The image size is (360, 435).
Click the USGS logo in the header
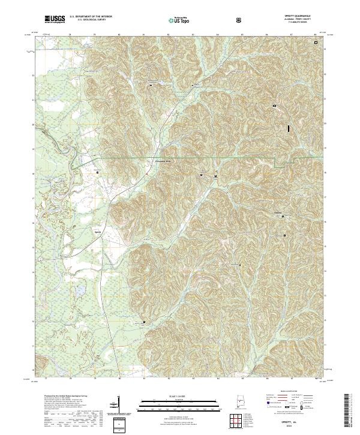coord(55,20)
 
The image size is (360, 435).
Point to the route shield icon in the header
coord(239,20)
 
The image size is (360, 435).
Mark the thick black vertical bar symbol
coord(289,128)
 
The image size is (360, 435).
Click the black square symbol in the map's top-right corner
coord(316,42)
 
